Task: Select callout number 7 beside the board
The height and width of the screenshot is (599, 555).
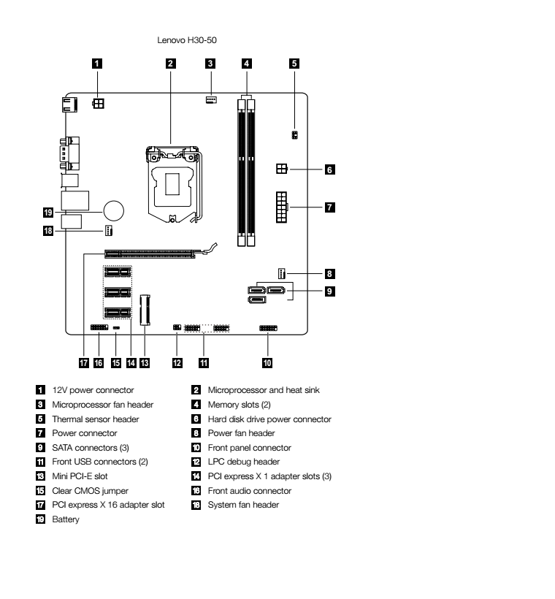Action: click(x=329, y=207)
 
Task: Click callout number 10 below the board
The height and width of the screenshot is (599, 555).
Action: click(x=267, y=362)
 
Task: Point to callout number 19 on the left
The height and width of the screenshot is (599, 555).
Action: click(x=47, y=213)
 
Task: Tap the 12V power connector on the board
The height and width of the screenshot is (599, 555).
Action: click(x=97, y=103)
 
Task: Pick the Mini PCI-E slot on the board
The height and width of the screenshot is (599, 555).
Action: click(x=144, y=309)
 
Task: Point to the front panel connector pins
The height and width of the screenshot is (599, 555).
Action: click(x=267, y=329)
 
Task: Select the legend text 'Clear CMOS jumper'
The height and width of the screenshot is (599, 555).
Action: click(x=85, y=491)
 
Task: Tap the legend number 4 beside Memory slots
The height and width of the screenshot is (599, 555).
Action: click(x=195, y=405)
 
